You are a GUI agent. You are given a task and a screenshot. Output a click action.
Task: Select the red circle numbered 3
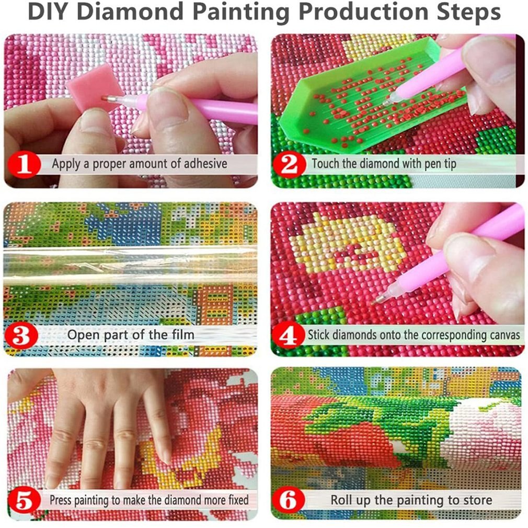tap(21, 334)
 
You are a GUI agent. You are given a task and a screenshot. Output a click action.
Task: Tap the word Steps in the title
tap(464, 13)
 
